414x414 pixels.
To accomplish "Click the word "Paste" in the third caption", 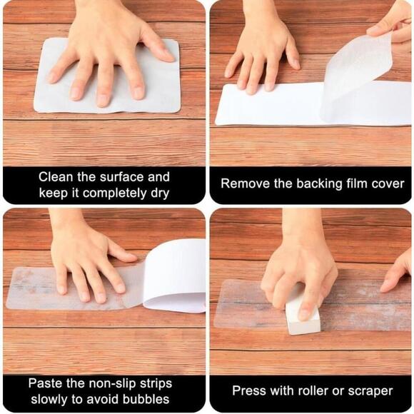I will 45,383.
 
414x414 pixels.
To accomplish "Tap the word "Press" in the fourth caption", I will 248,390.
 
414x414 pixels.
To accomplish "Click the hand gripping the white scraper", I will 300,271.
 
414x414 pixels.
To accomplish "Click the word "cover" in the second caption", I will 387,183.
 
